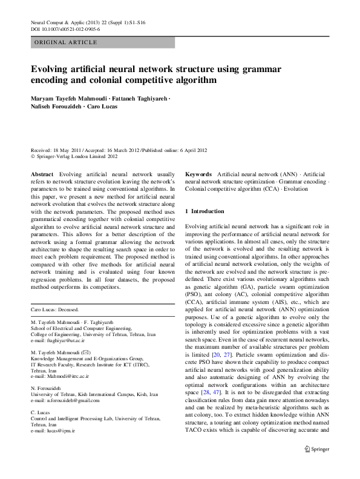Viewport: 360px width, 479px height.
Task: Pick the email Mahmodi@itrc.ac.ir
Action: coord(65,376)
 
